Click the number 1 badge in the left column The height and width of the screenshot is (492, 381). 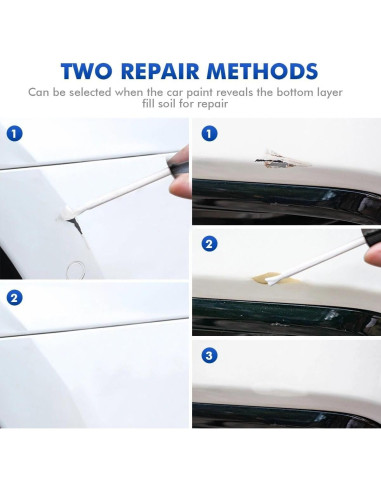[x=13, y=132]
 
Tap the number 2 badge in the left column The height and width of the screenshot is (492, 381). [x=13, y=297]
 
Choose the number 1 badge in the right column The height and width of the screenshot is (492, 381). [x=209, y=133]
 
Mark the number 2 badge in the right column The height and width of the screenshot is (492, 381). [x=209, y=244]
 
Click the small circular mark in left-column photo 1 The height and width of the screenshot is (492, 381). [x=76, y=267]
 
